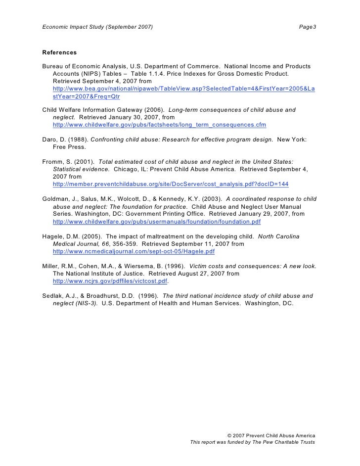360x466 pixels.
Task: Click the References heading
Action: pos(59,52)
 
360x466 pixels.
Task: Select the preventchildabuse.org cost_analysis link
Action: pos(170,184)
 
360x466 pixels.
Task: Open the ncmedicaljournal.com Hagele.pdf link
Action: pos(134,251)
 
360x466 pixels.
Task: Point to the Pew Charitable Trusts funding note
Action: pos(252,442)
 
